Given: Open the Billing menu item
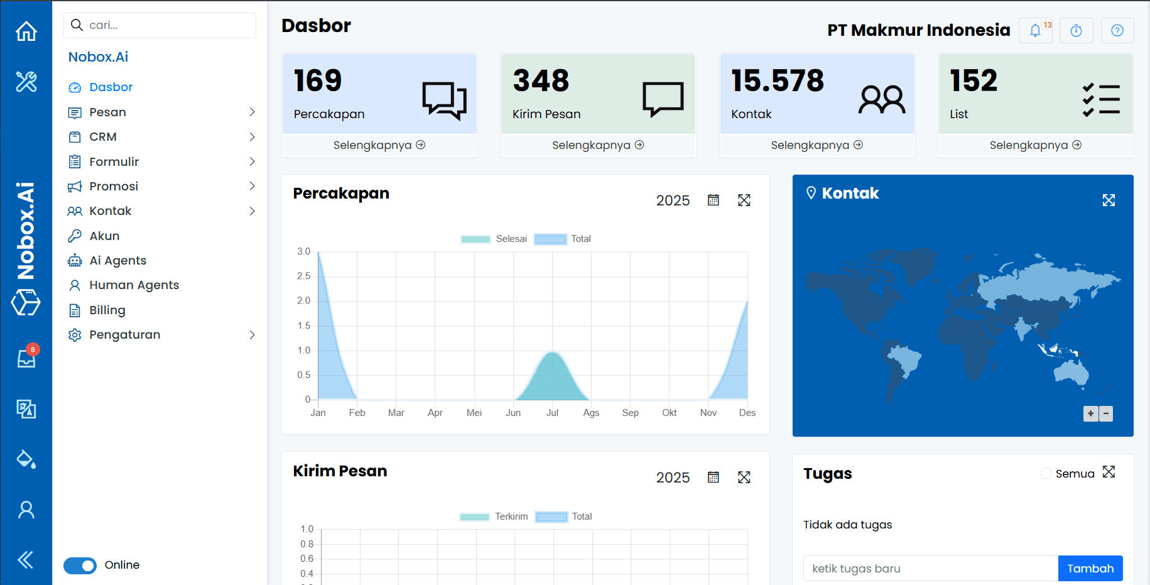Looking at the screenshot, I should (x=107, y=310).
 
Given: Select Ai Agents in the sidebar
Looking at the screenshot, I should (x=117, y=260).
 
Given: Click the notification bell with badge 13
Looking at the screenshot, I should (x=1035, y=30).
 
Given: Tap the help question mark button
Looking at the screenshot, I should (x=1117, y=30).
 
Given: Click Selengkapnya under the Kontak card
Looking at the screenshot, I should (x=816, y=145).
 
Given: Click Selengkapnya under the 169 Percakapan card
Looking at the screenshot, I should (x=379, y=145).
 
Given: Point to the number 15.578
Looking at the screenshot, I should (x=778, y=80).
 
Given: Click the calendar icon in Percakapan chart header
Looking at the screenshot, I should (x=713, y=200).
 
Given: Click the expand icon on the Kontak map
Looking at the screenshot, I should (x=1109, y=200).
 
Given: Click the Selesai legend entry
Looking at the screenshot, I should (x=494, y=239).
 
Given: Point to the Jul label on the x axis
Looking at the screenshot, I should (x=552, y=413).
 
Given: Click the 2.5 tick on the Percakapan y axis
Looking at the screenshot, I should (x=304, y=276).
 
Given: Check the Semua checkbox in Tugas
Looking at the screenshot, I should (x=1046, y=473).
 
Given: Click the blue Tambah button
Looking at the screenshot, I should (x=1090, y=568).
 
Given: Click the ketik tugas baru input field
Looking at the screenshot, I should (x=930, y=568).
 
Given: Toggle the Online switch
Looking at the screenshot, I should (x=80, y=566).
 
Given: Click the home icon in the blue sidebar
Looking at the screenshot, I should (x=26, y=31).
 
